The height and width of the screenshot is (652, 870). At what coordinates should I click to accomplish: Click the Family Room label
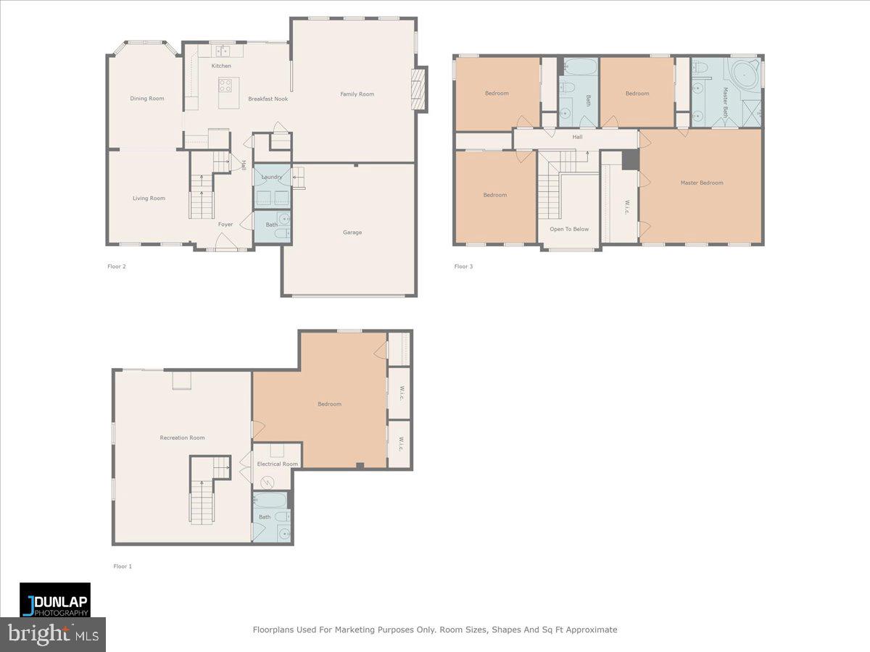click(357, 94)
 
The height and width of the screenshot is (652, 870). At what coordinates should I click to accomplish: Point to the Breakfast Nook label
click(268, 99)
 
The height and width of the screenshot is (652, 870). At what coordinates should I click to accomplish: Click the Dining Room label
click(147, 99)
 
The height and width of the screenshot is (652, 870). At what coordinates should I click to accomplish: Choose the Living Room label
click(149, 198)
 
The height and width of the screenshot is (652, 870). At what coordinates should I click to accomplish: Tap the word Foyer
click(225, 225)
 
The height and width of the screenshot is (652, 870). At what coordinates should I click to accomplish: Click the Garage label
click(352, 233)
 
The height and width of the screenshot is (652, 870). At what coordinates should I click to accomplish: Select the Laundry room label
click(272, 177)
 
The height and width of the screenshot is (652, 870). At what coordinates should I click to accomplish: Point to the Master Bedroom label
click(701, 183)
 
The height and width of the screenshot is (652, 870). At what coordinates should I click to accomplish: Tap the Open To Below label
click(569, 229)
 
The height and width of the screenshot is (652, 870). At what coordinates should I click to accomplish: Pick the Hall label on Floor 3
click(577, 137)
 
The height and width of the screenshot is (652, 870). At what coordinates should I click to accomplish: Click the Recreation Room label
click(182, 438)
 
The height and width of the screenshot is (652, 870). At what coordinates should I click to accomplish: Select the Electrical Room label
click(277, 464)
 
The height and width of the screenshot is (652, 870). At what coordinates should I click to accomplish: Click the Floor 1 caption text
click(123, 567)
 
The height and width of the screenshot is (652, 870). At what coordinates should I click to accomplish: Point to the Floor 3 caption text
click(463, 267)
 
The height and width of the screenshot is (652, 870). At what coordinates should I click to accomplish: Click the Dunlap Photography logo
click(55, 600)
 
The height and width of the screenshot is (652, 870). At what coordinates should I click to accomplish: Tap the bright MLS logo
click(53, 635)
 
